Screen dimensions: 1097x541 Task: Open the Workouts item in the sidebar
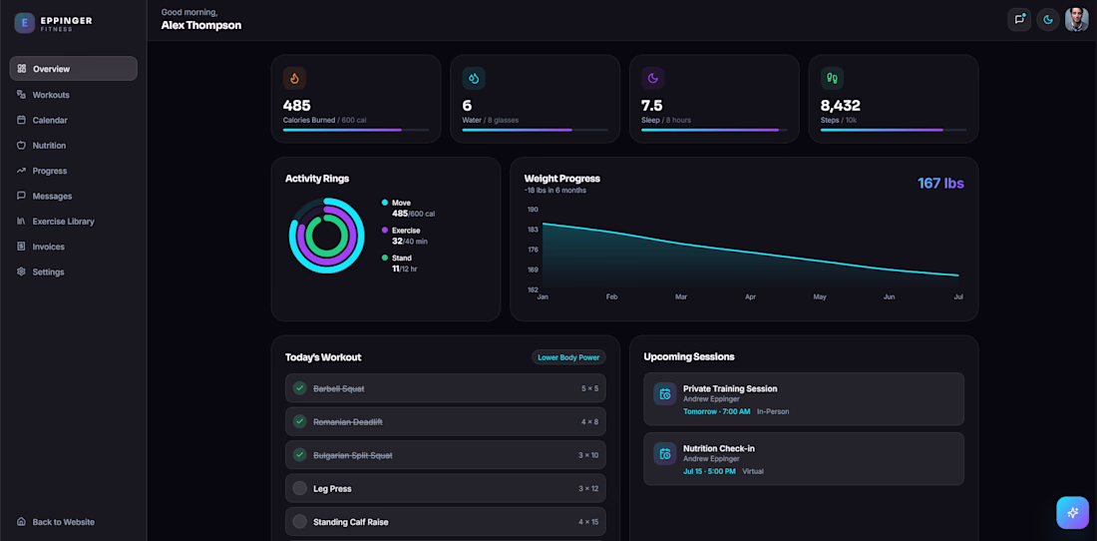(51, 95)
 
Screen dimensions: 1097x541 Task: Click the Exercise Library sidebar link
(63, 222)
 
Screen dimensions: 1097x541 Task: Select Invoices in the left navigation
(48, 247)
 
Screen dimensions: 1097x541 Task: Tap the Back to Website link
(63, 522)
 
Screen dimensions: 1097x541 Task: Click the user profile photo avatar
(1076, 20)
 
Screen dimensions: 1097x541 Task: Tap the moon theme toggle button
(1047, 20)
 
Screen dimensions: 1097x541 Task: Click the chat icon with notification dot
(1018, 20)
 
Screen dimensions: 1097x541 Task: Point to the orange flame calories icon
(294, 79)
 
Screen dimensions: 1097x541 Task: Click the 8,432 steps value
(841, 106)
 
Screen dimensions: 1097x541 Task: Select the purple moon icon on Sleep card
(653, 79)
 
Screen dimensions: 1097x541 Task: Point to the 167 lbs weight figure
(941, 184)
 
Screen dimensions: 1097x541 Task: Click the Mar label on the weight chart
(681, 296)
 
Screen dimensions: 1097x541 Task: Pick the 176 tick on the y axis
(534, 250)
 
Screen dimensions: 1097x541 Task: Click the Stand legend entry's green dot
(385, 258)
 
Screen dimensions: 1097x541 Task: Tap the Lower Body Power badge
(568, 357)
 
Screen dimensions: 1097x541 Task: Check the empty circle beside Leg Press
(299, 488)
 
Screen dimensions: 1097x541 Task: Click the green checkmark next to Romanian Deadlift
(299, 421)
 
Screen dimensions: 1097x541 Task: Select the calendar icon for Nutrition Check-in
(664, 453)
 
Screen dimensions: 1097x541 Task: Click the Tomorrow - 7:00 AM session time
(716, 411)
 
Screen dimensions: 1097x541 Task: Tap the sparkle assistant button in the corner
(1072, 513)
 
